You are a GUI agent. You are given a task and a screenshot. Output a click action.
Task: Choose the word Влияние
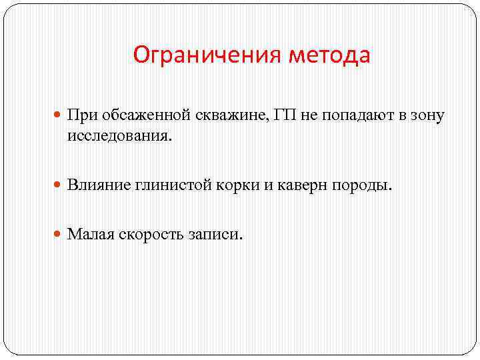point(99,185)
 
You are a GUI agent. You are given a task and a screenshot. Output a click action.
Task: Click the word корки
point(238,185)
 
